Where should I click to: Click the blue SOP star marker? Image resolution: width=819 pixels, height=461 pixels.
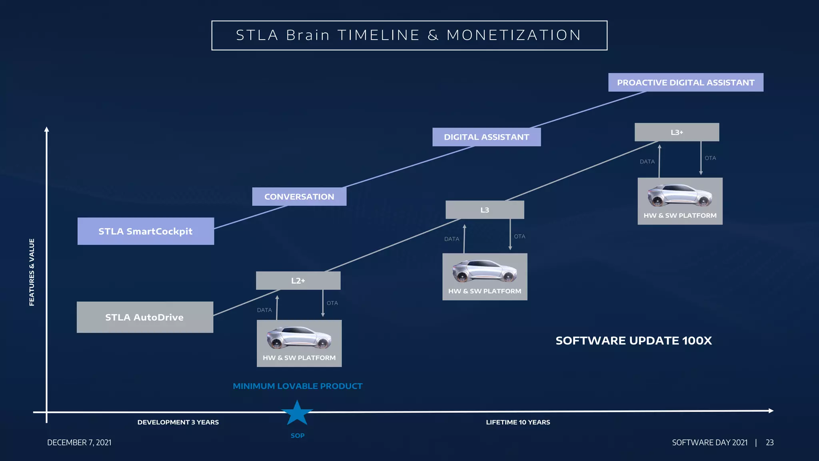(297, 413)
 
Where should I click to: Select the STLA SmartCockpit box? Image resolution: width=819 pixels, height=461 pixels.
(146, 231)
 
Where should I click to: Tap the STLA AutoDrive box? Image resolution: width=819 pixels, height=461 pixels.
(145, 317)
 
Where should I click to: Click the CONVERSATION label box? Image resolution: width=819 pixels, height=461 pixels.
(299, 196)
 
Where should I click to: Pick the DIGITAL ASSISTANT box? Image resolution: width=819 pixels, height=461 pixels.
(486, 137)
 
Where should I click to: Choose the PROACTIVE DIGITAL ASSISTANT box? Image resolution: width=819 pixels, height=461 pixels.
(685, 82)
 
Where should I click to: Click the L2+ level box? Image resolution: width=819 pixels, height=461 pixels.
(298, 281)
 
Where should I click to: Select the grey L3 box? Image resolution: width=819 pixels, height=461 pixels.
(485, 210)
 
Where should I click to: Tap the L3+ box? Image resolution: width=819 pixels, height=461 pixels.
(677, 132)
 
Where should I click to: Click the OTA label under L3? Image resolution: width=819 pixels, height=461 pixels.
(519, 237)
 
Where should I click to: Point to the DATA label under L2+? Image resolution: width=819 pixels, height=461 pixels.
(264, 310)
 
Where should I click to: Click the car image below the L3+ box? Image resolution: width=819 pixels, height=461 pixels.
(679, 195)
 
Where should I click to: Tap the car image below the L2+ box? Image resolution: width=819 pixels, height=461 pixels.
(299, 337)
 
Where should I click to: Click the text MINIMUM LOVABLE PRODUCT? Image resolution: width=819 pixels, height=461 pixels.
(298, 386)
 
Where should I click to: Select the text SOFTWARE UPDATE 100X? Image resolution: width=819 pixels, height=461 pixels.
(633, 341)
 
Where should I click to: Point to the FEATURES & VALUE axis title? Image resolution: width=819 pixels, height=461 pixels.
(32, 272)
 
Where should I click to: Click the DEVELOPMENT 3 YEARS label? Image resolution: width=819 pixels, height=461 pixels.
(178, 422)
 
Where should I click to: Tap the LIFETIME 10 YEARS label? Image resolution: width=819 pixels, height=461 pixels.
(518, 422)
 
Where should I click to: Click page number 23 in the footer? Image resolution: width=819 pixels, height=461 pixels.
(769, 443)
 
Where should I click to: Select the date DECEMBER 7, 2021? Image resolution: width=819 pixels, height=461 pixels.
(79, 443)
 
